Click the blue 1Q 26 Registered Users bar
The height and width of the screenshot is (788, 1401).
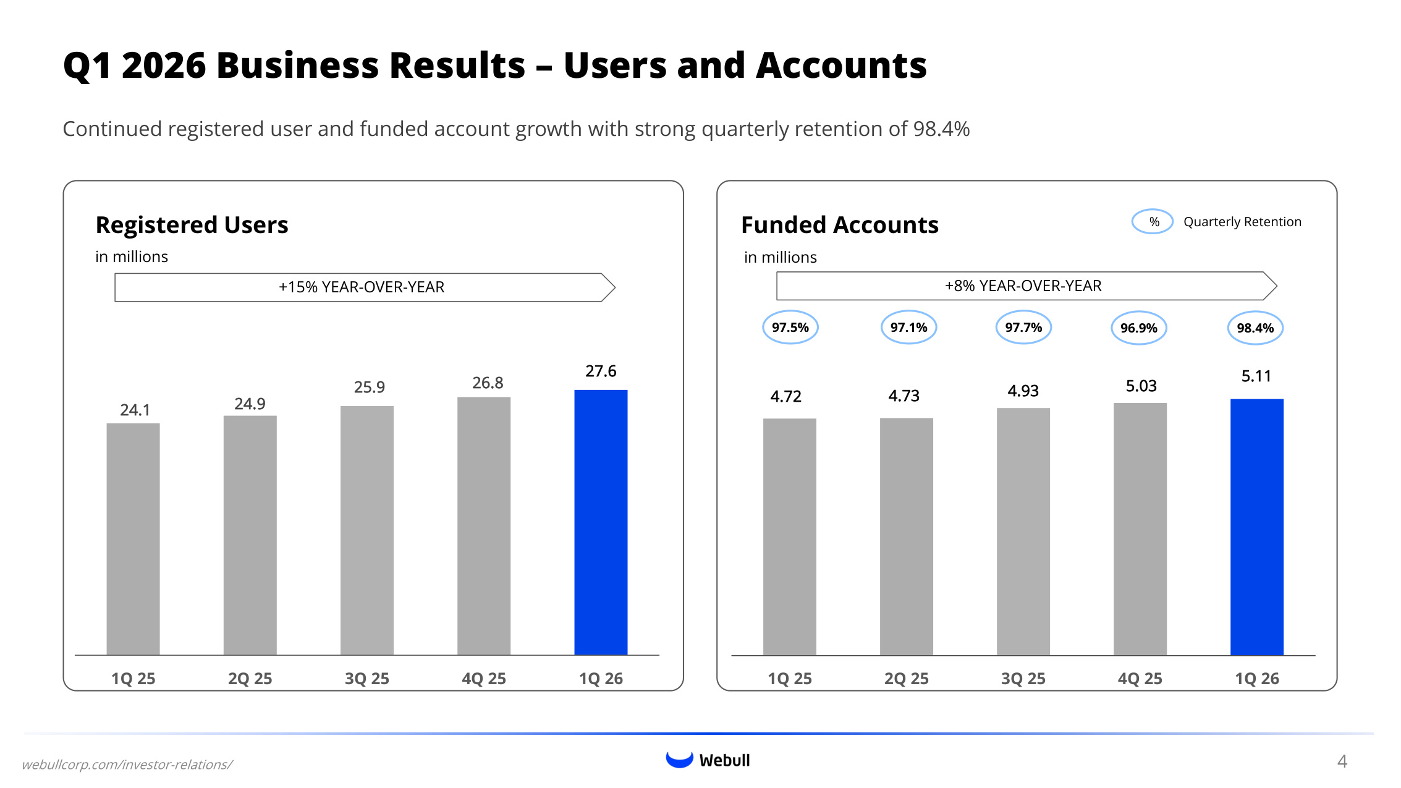[x=601, y=522]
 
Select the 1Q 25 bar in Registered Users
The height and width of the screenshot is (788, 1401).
[x=133, y=539]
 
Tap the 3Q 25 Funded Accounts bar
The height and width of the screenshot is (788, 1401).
[x=1023, y=532]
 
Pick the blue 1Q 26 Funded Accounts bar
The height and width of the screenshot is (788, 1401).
[x=1257, y=527]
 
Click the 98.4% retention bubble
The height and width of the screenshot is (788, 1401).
[x=1255, y=328]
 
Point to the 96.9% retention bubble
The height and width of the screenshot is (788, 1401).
[x=1139, y=328]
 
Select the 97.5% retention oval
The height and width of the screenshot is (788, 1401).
[x=790, y=327]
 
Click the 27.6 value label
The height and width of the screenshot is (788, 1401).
[x=601, y=371]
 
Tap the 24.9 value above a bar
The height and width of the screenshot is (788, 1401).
[x=250, y=404]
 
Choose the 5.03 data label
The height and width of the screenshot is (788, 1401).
[x=1141, y=386]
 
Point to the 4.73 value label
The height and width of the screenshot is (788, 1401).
[x=904, y=396]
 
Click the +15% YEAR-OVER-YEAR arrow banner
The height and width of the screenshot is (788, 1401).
[x=365, y=287]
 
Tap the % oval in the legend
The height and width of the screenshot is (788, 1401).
[x=1153, y=222]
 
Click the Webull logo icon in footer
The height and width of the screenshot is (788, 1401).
[x=679, y=760]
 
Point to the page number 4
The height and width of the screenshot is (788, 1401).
[x=1342, y=761]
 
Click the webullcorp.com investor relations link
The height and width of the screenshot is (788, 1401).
[x=127, y=765]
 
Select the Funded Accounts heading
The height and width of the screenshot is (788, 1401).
[x=840, y=225]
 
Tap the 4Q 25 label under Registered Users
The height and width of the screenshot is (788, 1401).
[x=484, y=679]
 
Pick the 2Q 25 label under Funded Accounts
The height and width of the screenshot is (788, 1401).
[x=907, y=679]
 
